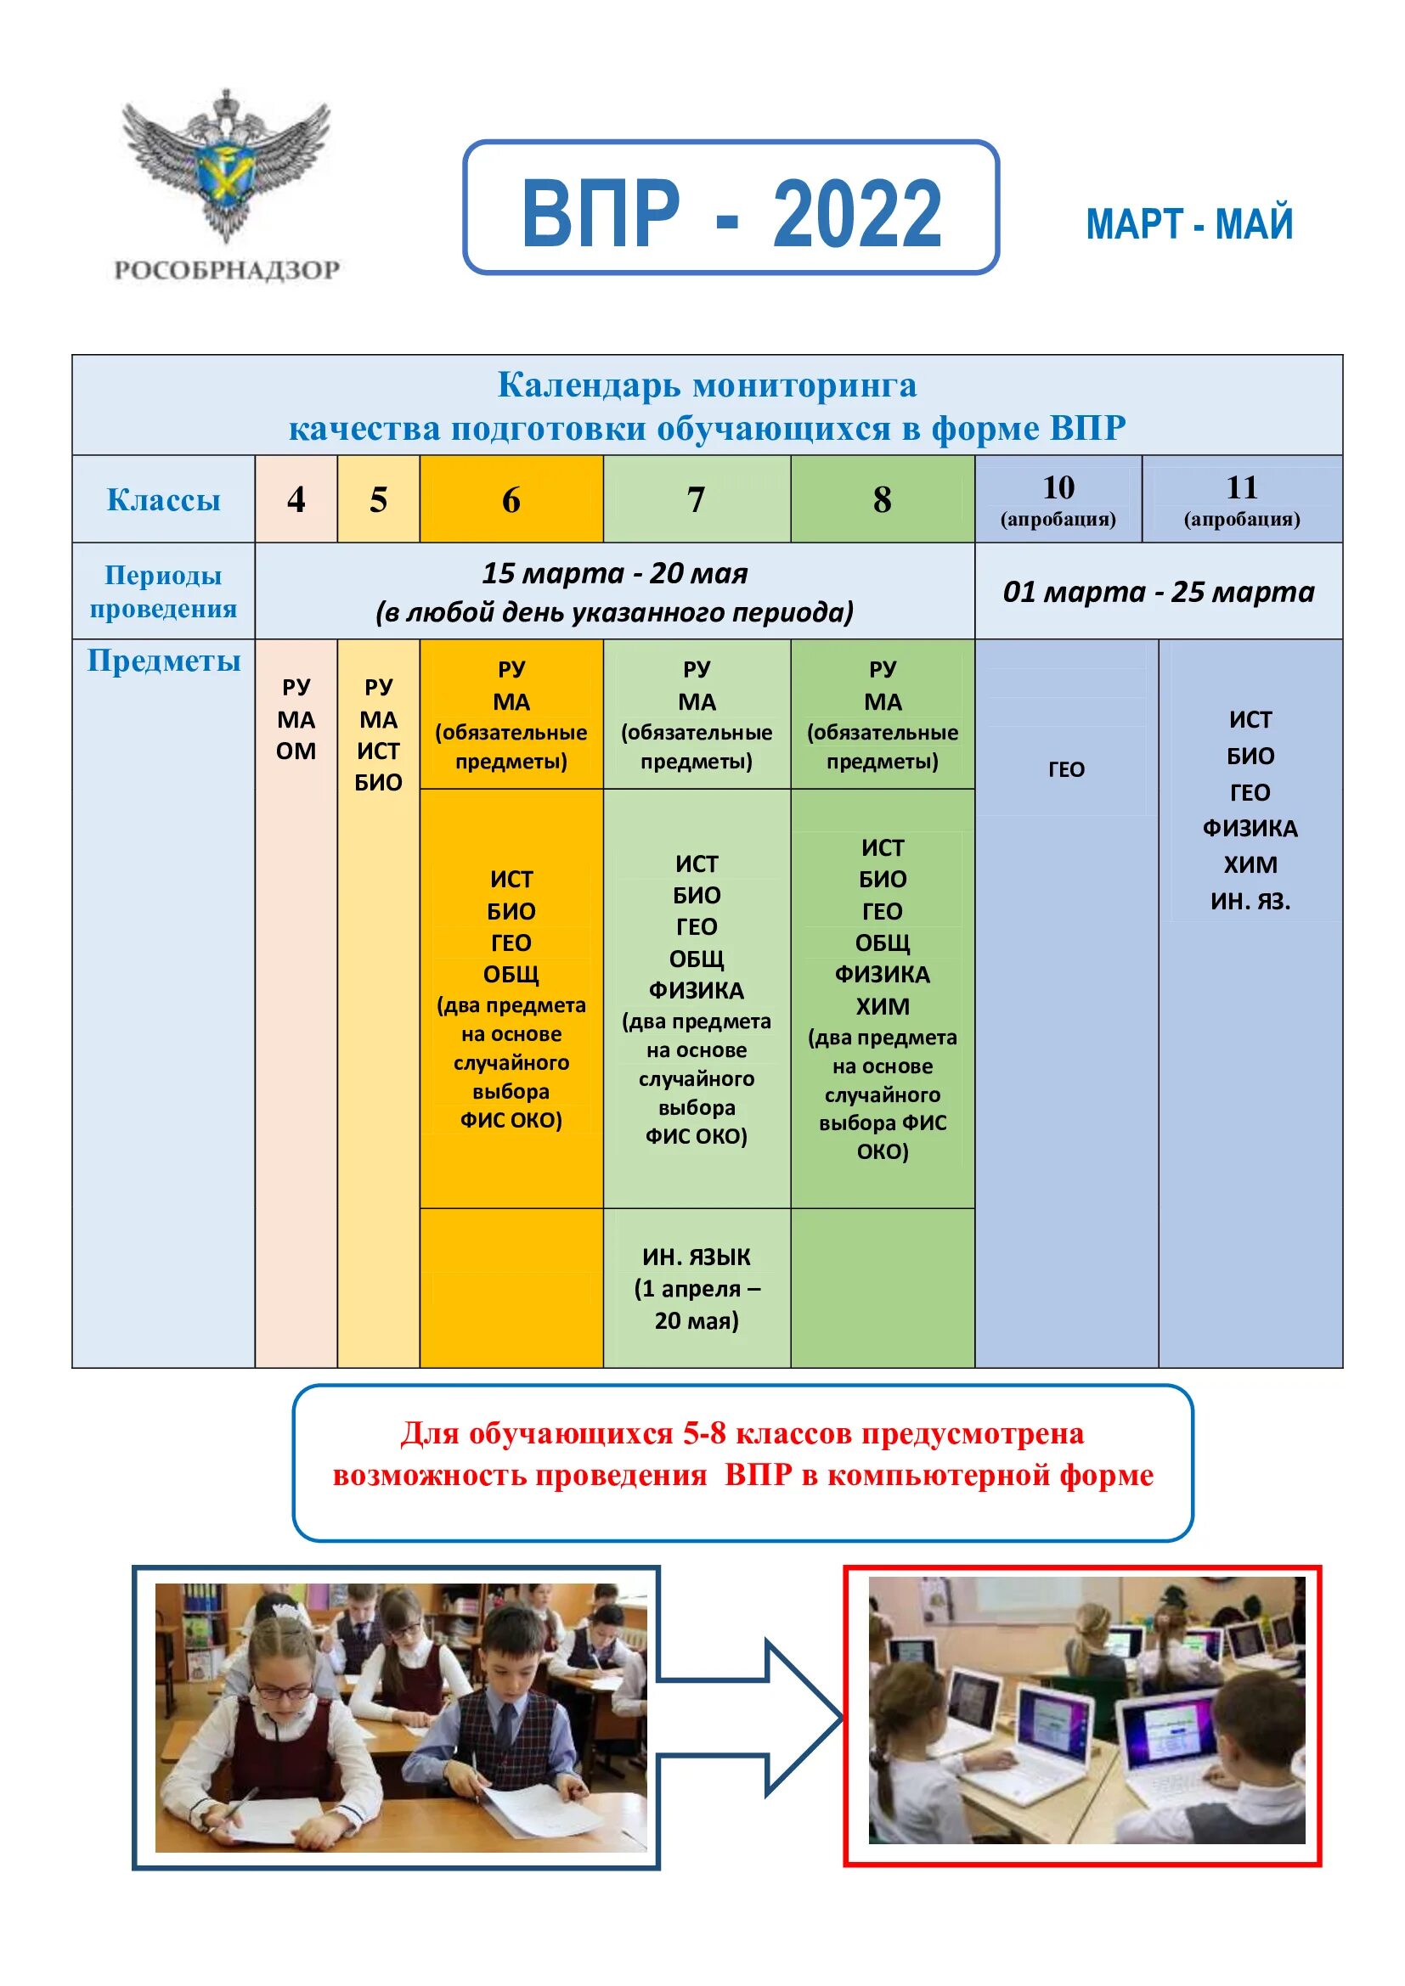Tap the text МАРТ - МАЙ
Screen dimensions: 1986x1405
click(1188, 225)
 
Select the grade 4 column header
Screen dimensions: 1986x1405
click(296, 500)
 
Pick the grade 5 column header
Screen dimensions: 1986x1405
click(378, 500)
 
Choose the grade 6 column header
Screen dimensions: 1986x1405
click(511, 500)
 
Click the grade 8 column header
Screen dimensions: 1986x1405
click(882, 500)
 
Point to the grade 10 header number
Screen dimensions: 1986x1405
click(1058, 488)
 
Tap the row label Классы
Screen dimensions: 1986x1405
click(163, 500)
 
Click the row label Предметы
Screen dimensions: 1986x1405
click(163, 661)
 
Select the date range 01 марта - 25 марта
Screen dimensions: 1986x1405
click(1159, 592)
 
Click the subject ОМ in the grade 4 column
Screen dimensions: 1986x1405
click(296, 751)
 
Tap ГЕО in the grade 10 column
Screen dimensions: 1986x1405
click(1066, 769)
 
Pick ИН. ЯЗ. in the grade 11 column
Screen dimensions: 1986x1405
click(1250, 902)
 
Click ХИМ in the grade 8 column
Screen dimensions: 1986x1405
click(883, 1006)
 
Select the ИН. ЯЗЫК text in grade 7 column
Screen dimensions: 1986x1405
click(697, 1257)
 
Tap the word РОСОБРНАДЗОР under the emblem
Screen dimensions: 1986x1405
click(227, 270)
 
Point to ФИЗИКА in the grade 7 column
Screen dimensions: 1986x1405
click(697, 989)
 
